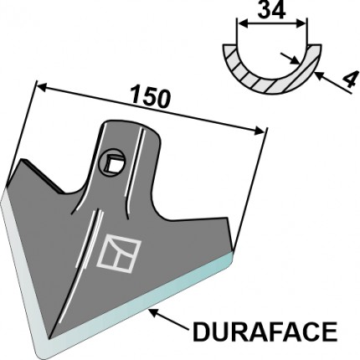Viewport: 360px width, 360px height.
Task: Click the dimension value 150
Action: coord(151,96)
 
